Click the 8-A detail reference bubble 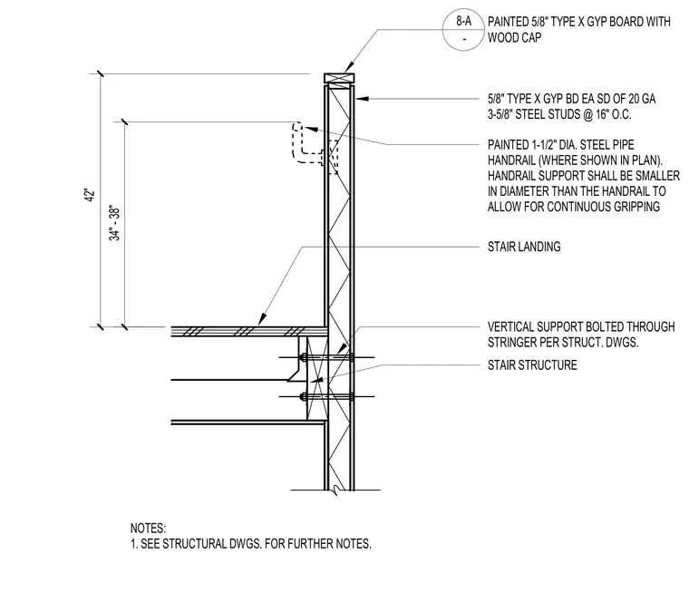[x=463, y=29]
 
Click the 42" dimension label [x=90, y=196]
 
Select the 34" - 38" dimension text [x=114, y=223]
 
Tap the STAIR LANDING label [x=524, y=247]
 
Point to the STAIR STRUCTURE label [x=532, y=365]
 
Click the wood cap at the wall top [x=339, y=78]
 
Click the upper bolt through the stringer [x=327, y=357]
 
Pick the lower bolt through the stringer [x=327, y=397]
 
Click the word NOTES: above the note [x=148, y=528]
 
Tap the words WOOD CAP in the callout [x=515, y=38]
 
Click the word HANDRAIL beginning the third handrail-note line [x=511, y=176]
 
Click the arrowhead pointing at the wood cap [x=349, y=67]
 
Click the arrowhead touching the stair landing [x=262, y=319]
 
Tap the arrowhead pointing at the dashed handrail [x=310, y=128]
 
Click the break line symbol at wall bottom [x=335, y=490]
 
